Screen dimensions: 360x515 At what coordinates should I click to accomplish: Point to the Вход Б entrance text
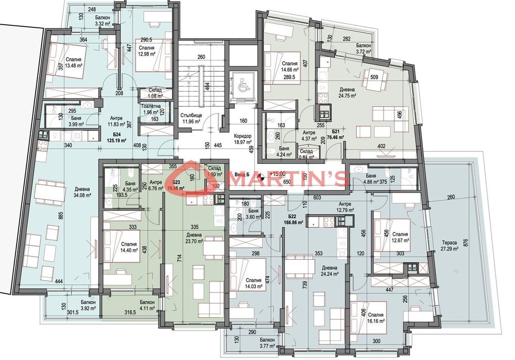pos(242,175)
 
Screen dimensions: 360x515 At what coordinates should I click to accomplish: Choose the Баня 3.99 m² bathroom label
pos(65,121)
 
